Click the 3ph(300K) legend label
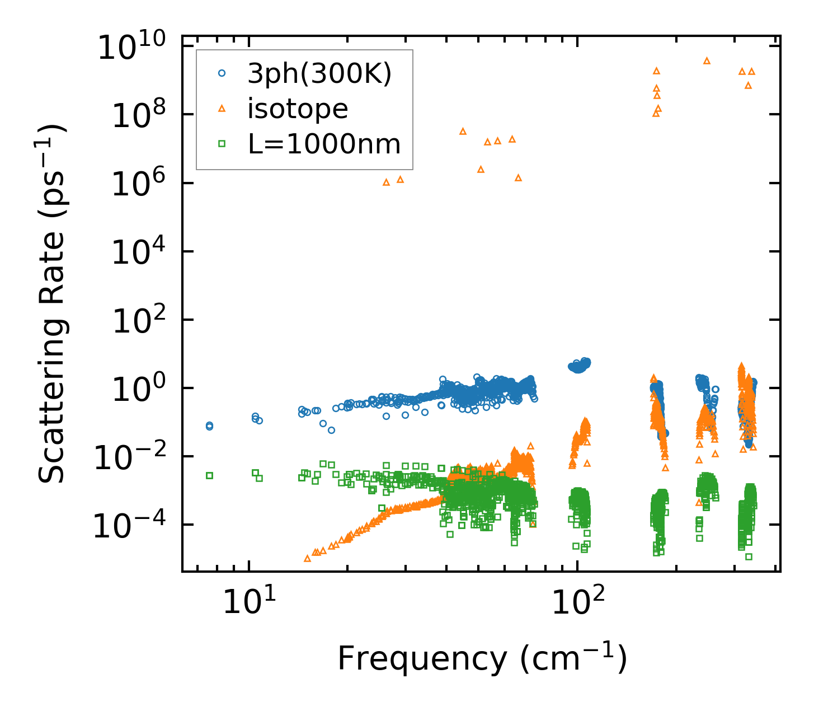pos(319,73)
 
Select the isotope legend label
pos(298,109)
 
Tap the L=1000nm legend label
pos(324,144)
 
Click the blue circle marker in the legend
pos(222,73)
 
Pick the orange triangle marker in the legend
pos(222,109)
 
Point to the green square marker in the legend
pos(222,144)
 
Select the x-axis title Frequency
pos(482,658)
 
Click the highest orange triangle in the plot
pos(707,60)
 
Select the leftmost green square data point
pos(210,475)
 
